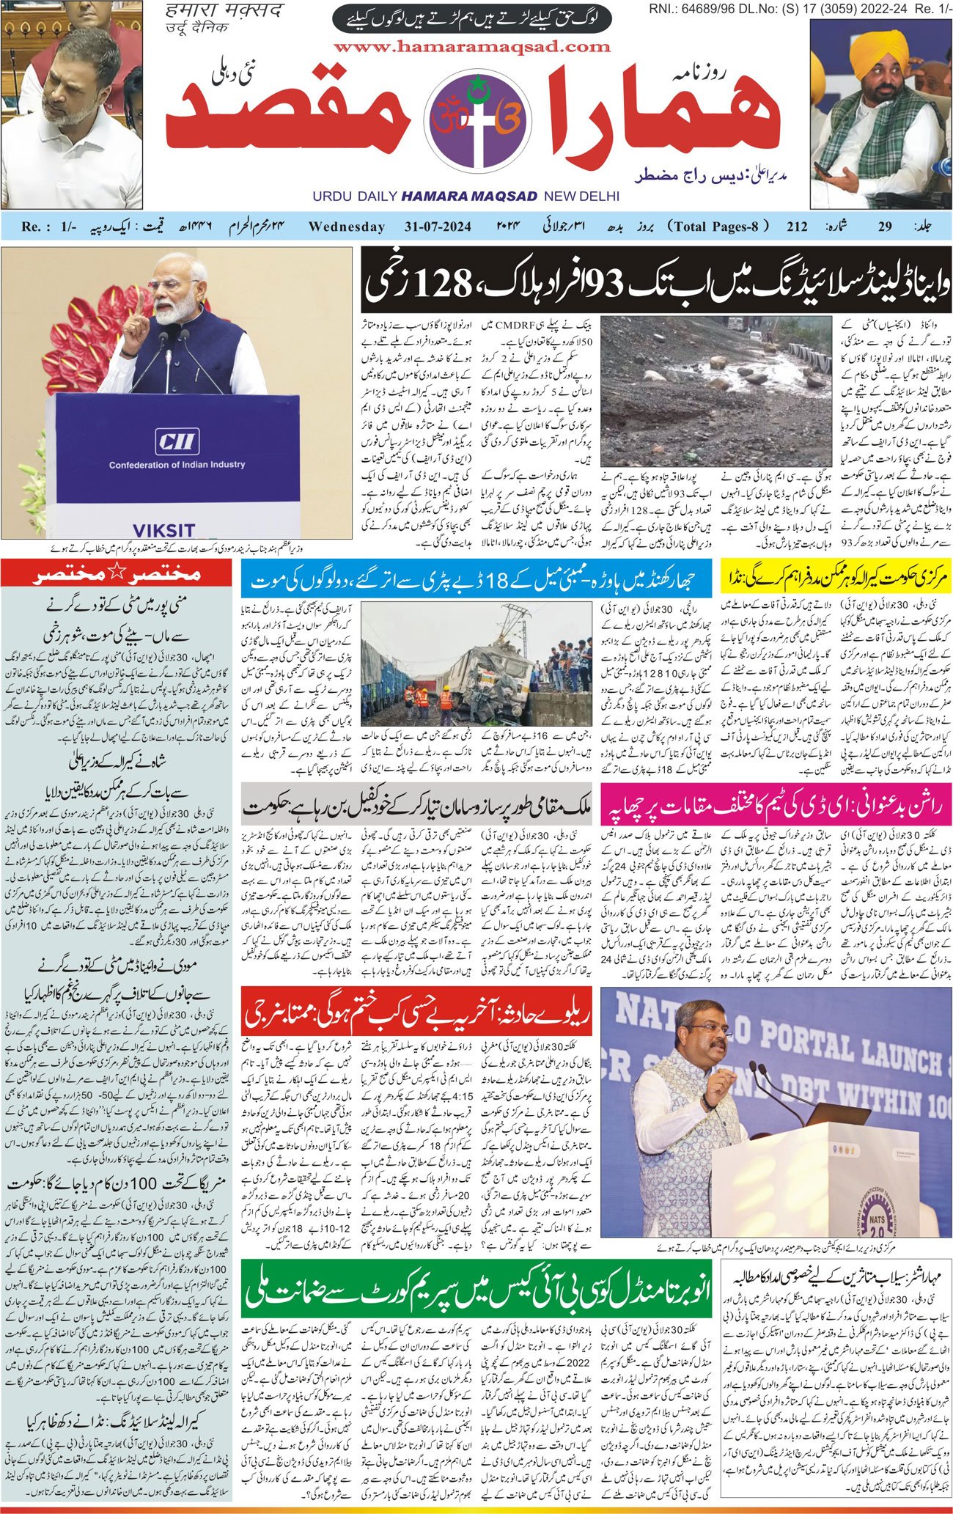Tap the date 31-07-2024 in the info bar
(438, 227)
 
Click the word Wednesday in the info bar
(347, 227)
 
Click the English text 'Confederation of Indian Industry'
(177, 465)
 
